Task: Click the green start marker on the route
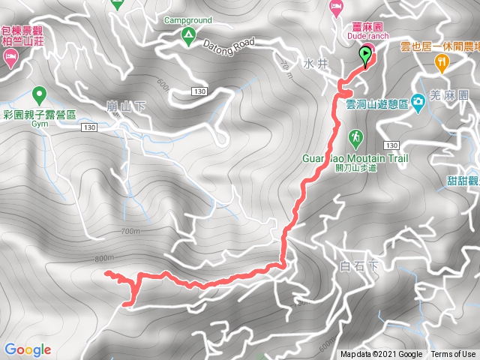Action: point(366,55)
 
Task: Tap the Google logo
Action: point(28,349)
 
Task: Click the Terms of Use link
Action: point(453,355)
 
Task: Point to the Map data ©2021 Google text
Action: point(381,355)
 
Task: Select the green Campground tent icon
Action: point(187,34)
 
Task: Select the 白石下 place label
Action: point(355,265)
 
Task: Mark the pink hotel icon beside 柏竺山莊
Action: point(10,58)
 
